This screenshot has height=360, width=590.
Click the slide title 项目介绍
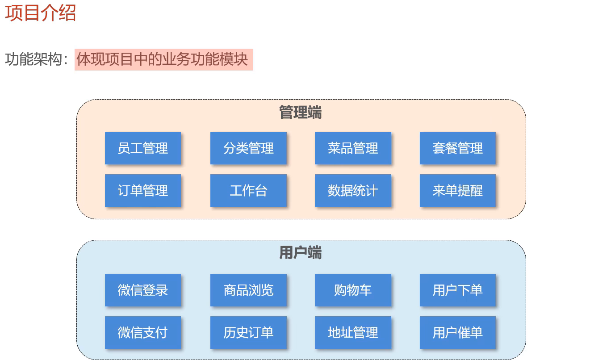pos(41,13)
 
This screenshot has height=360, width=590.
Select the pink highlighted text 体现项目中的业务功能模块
pos(163,59)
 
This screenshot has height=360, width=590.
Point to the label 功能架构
pos(33,59)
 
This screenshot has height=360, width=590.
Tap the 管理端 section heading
pos(301,112)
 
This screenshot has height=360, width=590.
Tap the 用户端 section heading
pos(301,252)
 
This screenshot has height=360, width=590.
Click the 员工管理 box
pos(143,148)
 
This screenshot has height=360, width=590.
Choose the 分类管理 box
pos(248,148)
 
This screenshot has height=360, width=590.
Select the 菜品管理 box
pos(353,148)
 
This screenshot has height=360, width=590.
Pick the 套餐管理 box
pos(458,148)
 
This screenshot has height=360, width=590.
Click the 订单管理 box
pos(143,190)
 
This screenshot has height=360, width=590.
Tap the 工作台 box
pos(248,190)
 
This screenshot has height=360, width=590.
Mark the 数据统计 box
pos(353,190)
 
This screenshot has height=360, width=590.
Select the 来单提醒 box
pos(458,190)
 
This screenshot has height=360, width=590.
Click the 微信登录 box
pos(143,290)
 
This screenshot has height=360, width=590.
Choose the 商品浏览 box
pos(248,290)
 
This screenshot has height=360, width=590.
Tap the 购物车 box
pos(353,290)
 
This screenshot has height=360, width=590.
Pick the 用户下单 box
pos(458,290)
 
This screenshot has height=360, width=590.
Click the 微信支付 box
pos(143,332)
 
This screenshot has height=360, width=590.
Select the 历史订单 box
pos(248,332)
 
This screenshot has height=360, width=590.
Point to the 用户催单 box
pos(458,332)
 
